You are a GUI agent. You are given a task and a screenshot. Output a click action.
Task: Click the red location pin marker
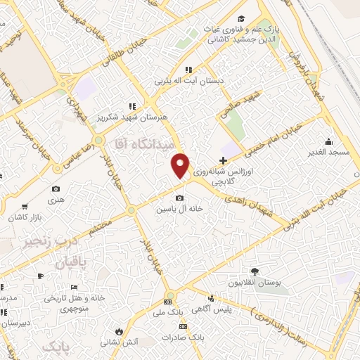(x=181, y=165)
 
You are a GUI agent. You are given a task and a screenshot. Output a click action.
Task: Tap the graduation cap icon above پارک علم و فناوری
(x=241, y=18)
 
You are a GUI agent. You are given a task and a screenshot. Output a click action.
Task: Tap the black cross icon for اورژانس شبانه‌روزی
(x=223, y=161)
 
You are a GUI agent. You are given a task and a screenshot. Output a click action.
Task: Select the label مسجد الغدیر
(x=325, y=152)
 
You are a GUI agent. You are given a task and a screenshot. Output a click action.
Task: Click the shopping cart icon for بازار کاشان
(x=25, y=207)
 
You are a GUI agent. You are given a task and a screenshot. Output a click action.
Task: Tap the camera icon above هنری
(x=56, y=188)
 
